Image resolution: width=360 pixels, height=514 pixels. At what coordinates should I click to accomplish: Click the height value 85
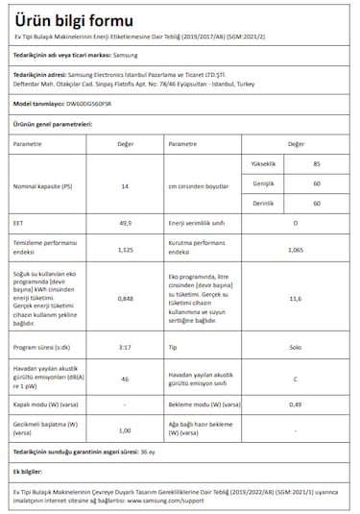tap(317, 165)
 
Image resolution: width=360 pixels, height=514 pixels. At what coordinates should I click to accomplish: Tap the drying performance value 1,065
tap(296, 249)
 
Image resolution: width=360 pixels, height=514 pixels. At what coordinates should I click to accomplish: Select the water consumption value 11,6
tap(296, 299)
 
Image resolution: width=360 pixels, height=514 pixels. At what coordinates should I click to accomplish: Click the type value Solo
tap(296, 346)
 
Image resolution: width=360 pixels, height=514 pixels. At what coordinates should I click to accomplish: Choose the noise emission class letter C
tap(296, 379)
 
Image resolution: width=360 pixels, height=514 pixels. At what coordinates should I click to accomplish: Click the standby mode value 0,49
tap(296, 404)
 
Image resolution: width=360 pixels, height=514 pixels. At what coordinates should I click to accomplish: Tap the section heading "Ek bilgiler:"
tap(31, 473)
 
